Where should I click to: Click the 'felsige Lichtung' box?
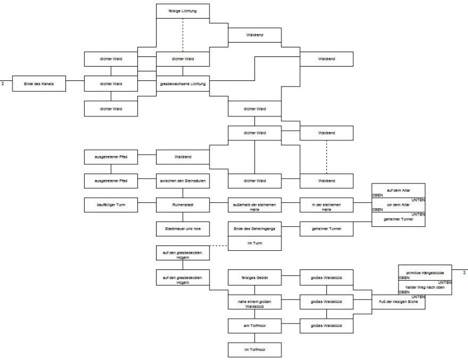182,11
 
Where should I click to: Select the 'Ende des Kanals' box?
38,83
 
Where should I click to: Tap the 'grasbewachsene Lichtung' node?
182,83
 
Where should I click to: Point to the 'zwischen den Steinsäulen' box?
182,180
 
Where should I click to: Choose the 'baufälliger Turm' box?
110,205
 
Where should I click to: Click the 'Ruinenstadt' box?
182,205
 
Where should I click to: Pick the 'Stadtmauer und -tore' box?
182,229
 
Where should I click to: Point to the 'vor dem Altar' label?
398,205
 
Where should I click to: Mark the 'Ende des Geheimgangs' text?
254,229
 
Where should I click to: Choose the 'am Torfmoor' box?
254,325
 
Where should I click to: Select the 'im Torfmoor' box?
254,349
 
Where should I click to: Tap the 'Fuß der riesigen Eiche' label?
398,301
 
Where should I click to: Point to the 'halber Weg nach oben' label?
425,287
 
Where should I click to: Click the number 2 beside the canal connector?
3,83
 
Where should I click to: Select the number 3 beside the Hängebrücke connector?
464,273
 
